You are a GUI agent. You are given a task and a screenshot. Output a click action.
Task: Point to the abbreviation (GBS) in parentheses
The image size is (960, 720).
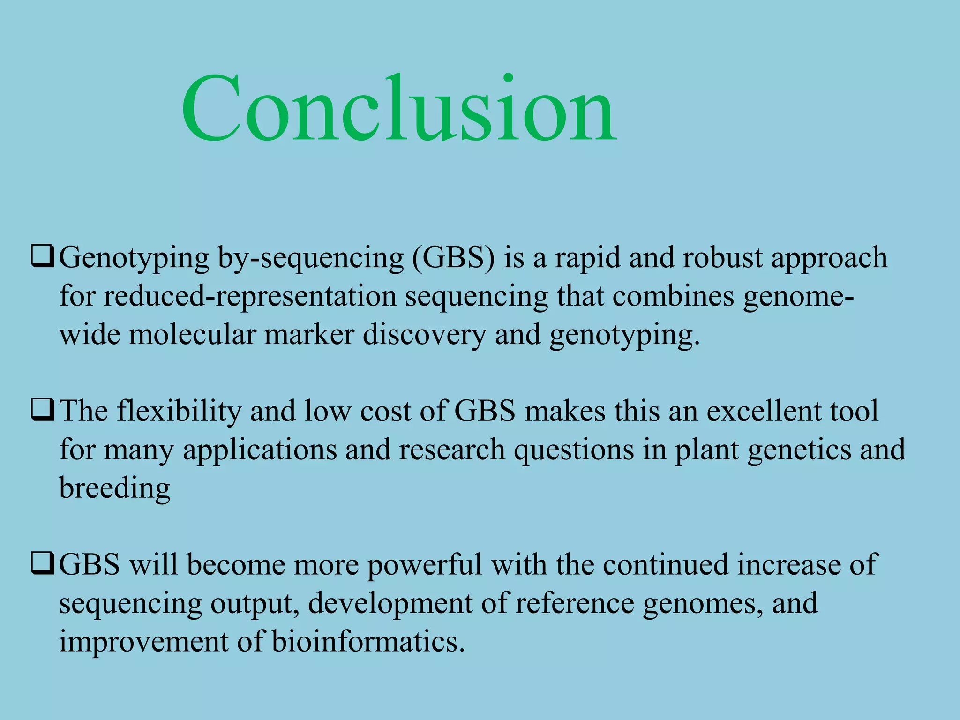point(453,258)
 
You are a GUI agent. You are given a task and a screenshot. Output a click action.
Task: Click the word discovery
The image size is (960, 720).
point(424,336)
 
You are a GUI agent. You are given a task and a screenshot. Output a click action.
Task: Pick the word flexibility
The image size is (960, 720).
point(179,411)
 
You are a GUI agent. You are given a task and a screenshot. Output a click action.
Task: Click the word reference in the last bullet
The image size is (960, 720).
point(575,603)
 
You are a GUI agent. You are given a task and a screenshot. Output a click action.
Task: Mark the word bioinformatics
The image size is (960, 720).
point(368,641)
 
